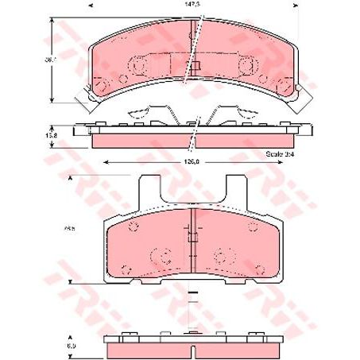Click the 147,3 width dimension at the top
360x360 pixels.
[x=188, y=6]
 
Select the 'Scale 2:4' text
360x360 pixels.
[x=278, y=151]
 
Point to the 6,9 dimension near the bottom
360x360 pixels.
[x=71, y=344]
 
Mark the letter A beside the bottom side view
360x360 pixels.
[x=71, y=335]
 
